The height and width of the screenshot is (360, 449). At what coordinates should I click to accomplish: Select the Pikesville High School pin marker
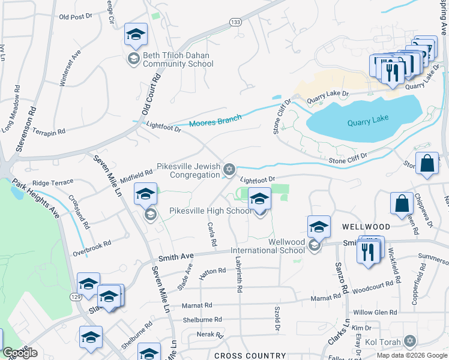[259, 199]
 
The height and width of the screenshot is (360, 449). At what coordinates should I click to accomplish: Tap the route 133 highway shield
[235, 22]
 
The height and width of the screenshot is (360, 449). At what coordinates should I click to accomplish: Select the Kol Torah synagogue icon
[410, 341]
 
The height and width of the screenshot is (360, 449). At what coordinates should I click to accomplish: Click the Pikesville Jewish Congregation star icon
[229, 169]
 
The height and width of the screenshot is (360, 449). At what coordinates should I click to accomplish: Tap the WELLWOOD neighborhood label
[366, 227]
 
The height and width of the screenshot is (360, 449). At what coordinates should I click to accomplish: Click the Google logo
[20, 353]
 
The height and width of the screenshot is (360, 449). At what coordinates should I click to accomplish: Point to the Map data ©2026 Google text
[411, 355]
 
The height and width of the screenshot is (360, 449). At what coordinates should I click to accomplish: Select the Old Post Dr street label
[74, 17]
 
